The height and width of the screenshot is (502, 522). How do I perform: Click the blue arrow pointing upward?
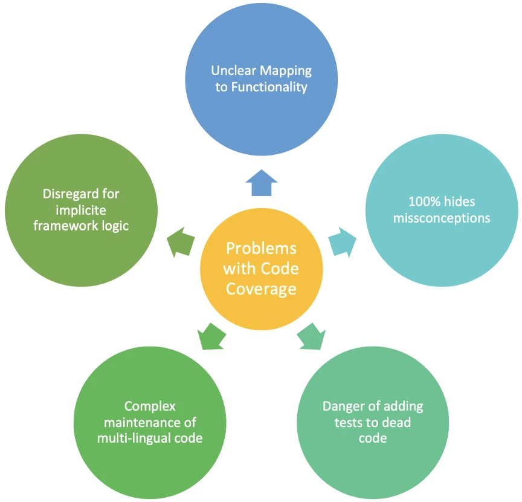[262, 183]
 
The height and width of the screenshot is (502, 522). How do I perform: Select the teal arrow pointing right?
[342, 241]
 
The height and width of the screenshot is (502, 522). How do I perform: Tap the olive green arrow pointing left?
[181, 242]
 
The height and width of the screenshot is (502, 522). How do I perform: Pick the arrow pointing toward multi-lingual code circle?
[211, 336]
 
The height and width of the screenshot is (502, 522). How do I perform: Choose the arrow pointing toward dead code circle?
[311, 336]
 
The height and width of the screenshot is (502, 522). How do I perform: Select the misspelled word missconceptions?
[442, 218]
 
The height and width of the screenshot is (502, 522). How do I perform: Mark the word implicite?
[81, 210]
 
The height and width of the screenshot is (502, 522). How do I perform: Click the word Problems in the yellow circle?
[261, 249]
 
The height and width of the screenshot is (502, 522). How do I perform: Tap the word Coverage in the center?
[261, 288]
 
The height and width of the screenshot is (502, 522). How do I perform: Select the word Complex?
[150, 406]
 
